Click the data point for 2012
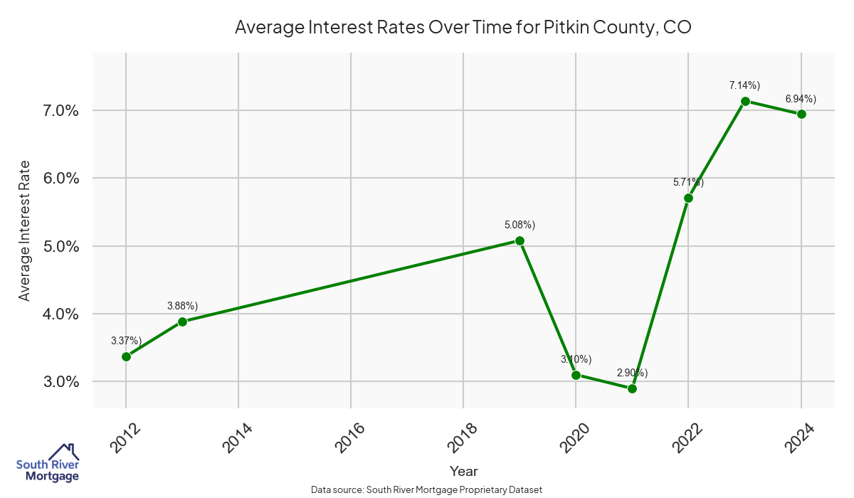click(126, 356)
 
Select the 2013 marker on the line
click(182, 322)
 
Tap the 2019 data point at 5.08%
click(520, 240)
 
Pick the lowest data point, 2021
click(632, 388)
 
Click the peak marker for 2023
click(745, 101)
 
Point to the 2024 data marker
click(801, 114)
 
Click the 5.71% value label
click(688, 182)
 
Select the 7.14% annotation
click(744, 85)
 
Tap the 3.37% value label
click(126, 341)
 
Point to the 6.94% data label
click(801, 98)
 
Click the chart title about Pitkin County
click(463, 28)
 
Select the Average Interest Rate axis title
click(25, 231)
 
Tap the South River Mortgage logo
click(48, 463)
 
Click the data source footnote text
click(427, 489)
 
